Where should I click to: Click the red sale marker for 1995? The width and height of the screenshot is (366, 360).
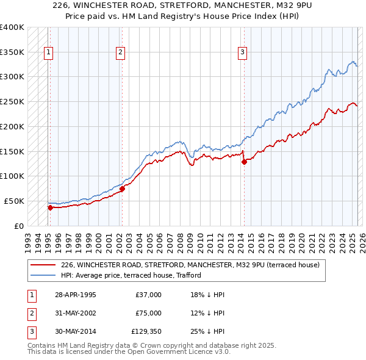(x=50, y=207)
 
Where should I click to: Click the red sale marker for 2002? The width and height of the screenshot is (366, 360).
(x=122, y=189)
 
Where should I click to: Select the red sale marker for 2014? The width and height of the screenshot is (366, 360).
(x=244, y=162)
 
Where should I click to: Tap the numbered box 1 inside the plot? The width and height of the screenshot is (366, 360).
(x=48, y=52)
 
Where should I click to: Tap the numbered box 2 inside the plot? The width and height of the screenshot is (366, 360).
(x=121, y=52)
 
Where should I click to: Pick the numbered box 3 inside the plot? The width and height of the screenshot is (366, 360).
(x=242, y=52)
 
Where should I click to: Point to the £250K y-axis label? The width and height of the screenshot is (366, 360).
(x=12, y=101)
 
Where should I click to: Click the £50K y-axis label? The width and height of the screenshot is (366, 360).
(x=14, y=201)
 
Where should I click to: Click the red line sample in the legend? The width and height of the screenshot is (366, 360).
(x=42, y=265)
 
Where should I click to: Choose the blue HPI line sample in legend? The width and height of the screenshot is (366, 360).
(x=42, y=275)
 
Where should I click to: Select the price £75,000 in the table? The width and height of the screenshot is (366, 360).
(x=148, y=313)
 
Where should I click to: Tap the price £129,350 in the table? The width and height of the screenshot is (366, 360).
(x=146, y=331)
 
